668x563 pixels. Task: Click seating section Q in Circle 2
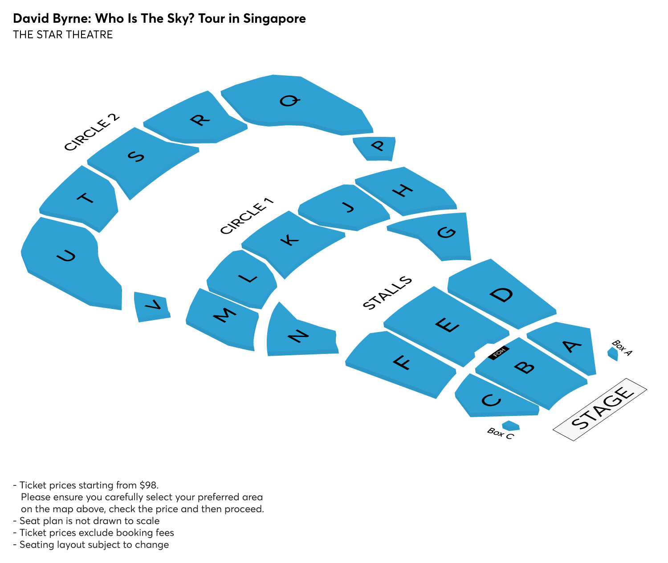(294, 106)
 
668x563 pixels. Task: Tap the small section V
(152, 306)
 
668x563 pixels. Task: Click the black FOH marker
(499, 353)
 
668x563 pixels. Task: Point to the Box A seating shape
(613, 354)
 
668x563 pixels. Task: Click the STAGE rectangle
(600, 410)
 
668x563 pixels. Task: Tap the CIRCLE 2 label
(91, 132)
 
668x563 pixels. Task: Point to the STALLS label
(387, 293)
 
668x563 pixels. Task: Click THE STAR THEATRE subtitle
(63, 35)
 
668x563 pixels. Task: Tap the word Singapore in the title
(274, 19)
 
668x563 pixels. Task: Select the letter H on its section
(403, 190)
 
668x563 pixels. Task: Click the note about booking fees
(94, 533)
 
